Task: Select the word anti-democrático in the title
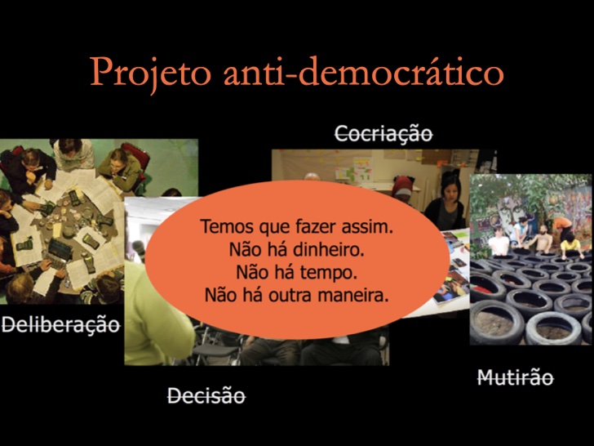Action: click(x=364, y=71)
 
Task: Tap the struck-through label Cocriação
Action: click(x=383, y=134)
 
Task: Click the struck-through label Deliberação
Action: click(x=60, y=324)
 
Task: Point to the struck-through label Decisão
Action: click(x=206, y=395)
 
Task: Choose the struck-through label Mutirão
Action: click(x=515, y=377)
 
